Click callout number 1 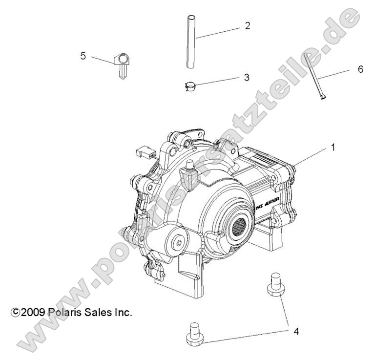[333, 146]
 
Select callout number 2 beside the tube [247, 26]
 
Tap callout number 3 [247, 77]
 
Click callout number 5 [83, 56]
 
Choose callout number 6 [360, 69]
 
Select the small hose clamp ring [192, 87]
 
